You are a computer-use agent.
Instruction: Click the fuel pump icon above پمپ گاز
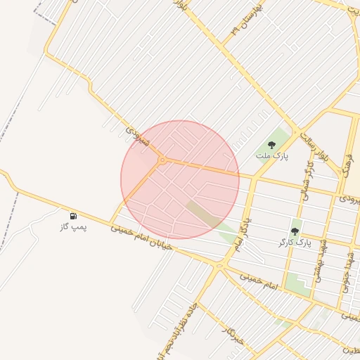coord(74,215)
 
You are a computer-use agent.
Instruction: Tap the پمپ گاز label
coord(74,228)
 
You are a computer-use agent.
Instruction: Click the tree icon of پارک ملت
coord(271,146)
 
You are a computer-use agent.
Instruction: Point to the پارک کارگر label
coord(295,243)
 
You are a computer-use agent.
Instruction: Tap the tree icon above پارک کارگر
coord(295,231)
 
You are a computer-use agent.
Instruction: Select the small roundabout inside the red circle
coord(162,160)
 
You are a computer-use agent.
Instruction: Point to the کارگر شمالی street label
coord(307,184)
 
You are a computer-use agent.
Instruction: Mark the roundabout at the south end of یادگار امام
coord(220,266)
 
